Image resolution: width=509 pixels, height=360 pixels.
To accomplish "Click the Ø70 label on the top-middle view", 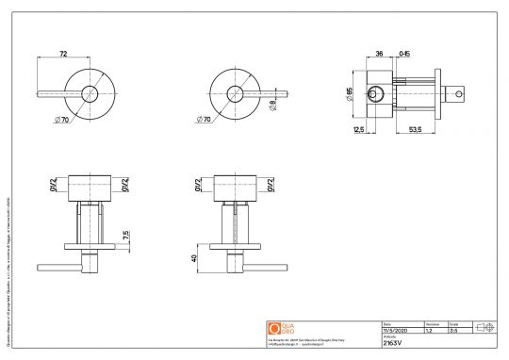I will point(205,119).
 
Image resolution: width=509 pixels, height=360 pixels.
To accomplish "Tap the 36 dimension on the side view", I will point(380,54).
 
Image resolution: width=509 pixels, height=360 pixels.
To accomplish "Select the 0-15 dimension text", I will point(404,54).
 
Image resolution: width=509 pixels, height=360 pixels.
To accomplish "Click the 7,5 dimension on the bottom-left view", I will point(126,234).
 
